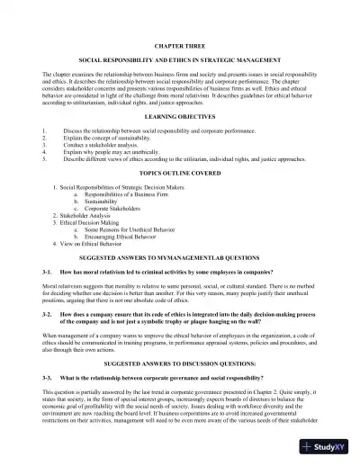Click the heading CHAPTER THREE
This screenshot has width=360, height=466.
pyautogui.click(x=180, y=43)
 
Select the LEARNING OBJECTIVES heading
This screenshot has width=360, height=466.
pyautogui.click(x=180, y=118)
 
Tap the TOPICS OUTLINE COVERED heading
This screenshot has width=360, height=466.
pyautogui.click(x=180, y=171)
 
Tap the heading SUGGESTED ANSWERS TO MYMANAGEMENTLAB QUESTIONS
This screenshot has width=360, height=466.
pyautogui.click(x=180, y=256)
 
